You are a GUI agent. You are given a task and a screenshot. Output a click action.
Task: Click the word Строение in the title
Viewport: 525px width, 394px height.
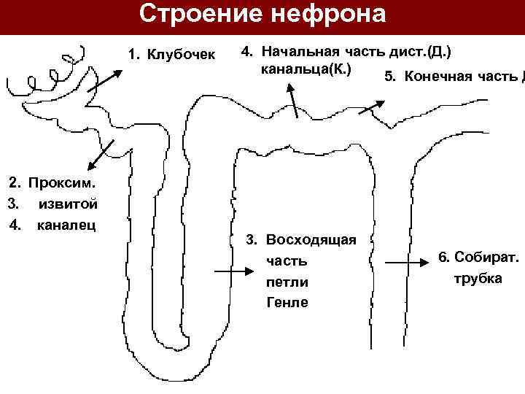coord(195,15)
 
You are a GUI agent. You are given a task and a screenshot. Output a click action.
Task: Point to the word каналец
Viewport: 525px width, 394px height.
coord(67,225)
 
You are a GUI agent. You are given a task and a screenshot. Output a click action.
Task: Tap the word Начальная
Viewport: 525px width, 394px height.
coord(298,52)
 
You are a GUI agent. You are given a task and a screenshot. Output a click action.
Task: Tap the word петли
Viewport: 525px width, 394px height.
coord(287,282)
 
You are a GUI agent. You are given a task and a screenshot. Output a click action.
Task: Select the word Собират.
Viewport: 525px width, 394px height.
coord(486,257)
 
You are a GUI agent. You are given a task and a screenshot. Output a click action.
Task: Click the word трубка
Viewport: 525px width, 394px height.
coord(478,279)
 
